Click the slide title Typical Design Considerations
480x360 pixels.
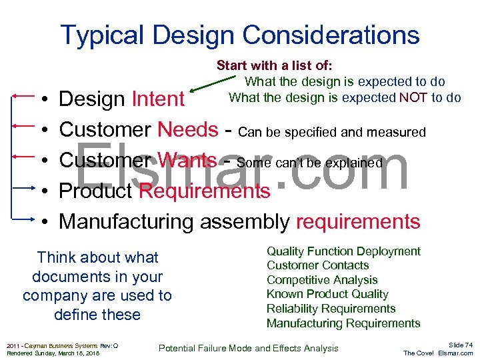[240, 35]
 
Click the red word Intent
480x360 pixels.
[158, 99]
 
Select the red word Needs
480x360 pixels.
[188, 130]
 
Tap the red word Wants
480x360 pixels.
[187, 161]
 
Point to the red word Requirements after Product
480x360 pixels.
[204, 191]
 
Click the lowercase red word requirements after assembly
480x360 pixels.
[358, 222]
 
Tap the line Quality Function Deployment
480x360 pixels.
[343, 251]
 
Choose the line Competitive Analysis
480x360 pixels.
[322, 280]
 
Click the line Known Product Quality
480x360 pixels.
[327, 294]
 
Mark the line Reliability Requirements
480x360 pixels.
[331, 309]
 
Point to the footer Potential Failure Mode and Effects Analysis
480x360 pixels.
[249, 348]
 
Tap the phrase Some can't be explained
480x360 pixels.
[309, 163]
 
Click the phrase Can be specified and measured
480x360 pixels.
[331, 132]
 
